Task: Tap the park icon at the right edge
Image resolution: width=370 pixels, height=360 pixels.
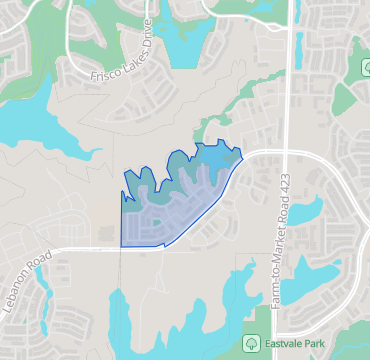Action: point(364,67)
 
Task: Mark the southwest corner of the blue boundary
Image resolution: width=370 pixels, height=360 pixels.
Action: point(121,246)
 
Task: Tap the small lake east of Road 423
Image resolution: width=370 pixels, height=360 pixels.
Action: point(304,211)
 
